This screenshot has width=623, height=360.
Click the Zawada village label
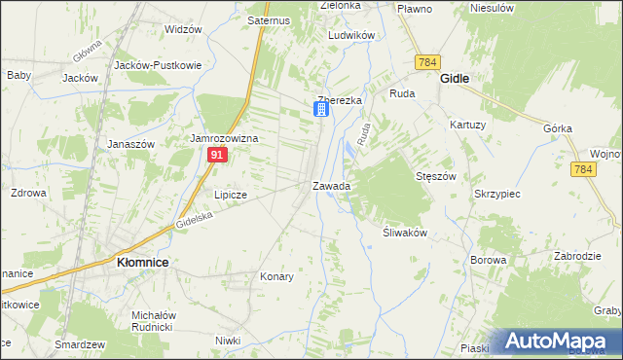click(x=331, y=185)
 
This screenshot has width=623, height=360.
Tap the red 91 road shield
click(x=219, y=156)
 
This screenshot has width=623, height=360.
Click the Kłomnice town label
click(x=143, y=262)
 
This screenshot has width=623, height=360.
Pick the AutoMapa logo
click(x=562, y=341)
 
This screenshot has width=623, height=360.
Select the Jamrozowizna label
click(x=224, y=139)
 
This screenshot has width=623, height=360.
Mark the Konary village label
click(x=276, y=276)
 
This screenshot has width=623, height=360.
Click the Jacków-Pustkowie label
click(x=158, y=65)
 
